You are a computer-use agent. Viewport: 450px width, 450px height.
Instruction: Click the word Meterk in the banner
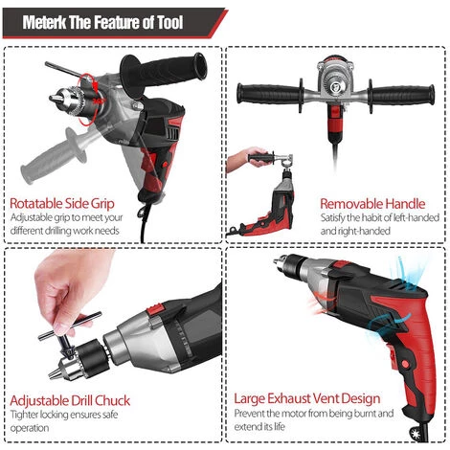[44, 22]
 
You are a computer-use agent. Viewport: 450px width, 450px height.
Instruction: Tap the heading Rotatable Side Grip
[62, 203]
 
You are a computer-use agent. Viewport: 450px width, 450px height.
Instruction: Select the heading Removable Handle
[372, 204]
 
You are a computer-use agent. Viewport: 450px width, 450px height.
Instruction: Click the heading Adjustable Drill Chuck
[70, 400]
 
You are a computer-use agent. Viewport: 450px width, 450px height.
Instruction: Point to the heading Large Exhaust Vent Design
[307, 399]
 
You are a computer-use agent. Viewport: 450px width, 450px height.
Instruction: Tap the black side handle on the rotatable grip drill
[163, 74]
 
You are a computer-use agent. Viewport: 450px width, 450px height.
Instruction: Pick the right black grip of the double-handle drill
[401, 94]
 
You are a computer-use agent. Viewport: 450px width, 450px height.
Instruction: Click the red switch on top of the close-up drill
[155, 308]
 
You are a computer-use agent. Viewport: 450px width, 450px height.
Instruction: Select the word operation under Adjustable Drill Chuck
[30, 428]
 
